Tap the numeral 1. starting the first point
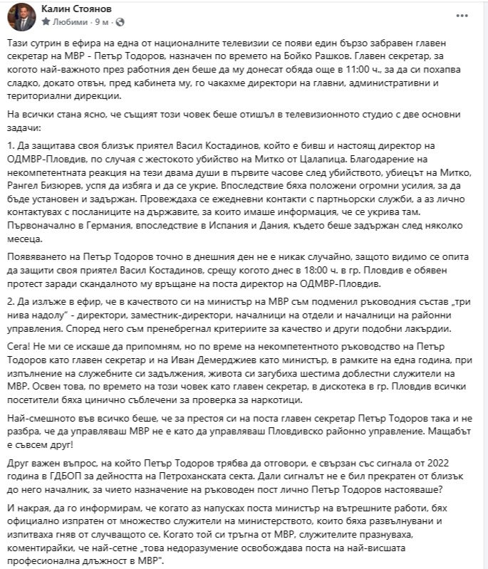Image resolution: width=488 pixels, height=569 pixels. coord(12,145)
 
